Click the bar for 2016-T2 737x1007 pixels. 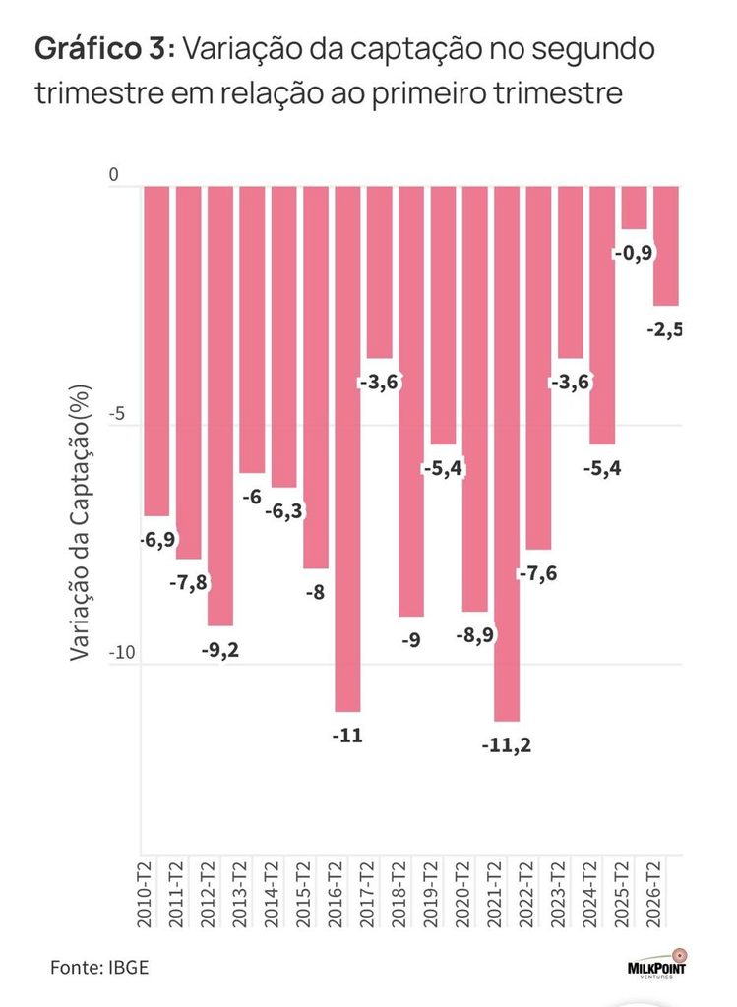[347, 448]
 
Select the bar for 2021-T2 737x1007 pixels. [507, 454]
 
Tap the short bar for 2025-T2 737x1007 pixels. [635, 208]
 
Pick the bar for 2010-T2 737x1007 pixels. [156, 351]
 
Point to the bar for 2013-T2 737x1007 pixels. [252, 330]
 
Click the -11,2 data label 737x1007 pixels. [507, 745]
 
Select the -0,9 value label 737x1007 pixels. [634, 253]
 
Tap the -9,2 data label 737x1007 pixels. [219, 650]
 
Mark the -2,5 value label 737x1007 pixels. [664, 330]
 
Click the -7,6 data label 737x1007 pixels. [538, 573]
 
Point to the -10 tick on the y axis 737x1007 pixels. [122, 653]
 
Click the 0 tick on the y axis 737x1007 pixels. [114, 175]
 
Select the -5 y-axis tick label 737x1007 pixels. [116, 414]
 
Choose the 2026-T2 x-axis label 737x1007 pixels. [653, 895]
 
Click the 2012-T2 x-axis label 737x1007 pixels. [209, 895]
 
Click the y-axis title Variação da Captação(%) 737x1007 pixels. [81, 523]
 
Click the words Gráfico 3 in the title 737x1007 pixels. [100, 49]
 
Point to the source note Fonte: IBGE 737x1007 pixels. [99, 968]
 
